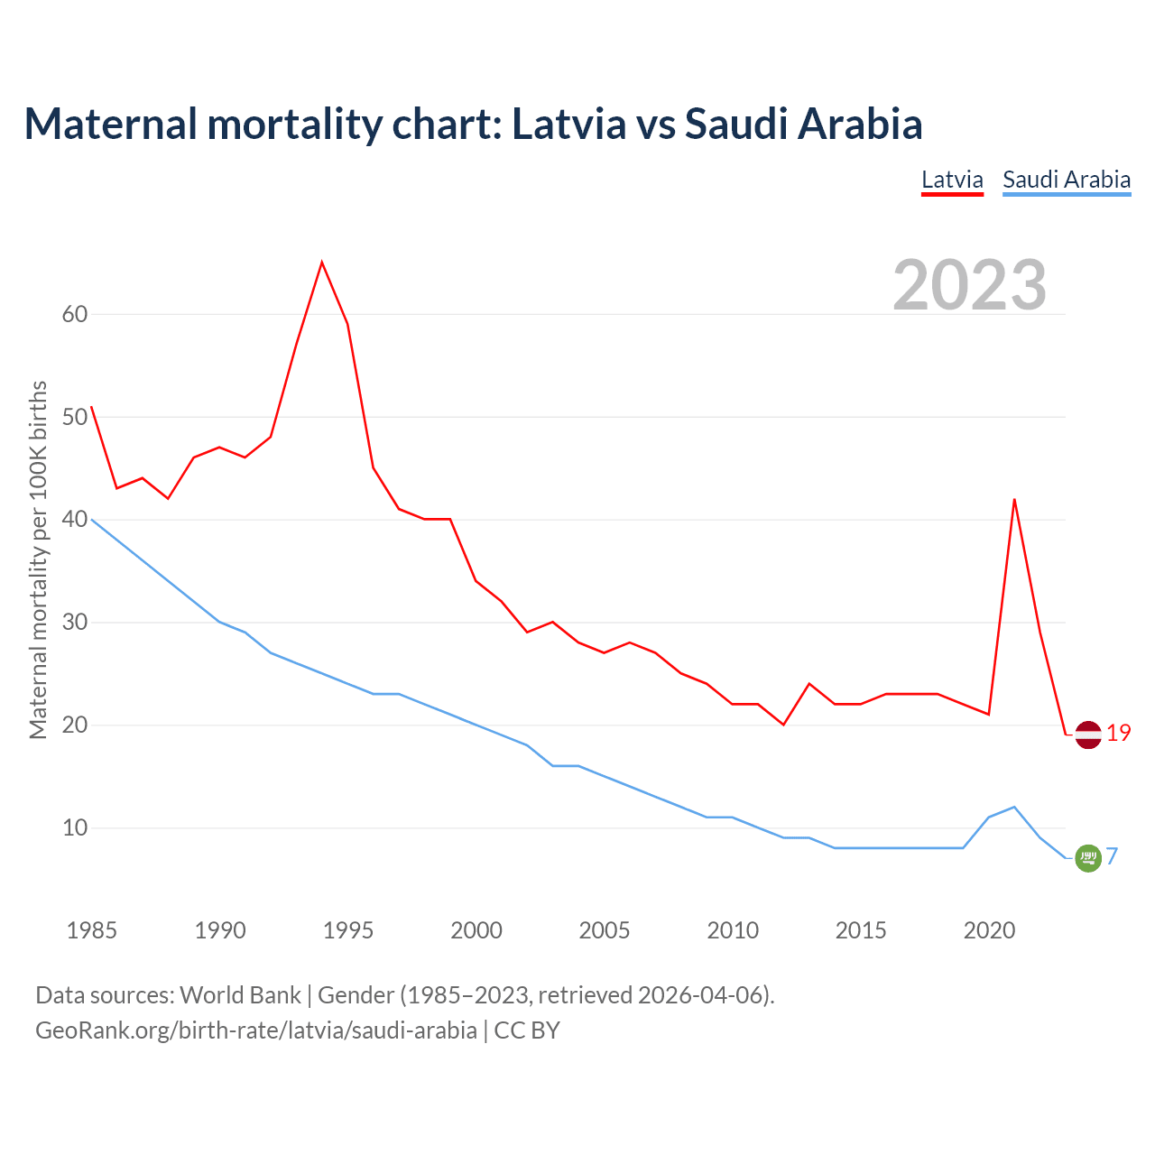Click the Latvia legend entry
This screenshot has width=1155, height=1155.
click(x=952, y=180)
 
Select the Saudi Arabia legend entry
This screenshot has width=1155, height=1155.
click(x=1067, y=180)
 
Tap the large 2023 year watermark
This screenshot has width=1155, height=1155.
click(x=970, y=285)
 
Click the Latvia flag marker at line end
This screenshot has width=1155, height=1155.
click(x=1088, y=735)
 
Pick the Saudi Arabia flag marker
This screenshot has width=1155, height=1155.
click(x=1088, y=858)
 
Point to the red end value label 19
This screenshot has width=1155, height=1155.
click(x=1119, y=734)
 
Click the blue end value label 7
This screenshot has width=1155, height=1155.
click(x=1113, y=856)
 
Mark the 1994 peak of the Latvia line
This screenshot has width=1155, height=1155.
click(x=322, y=263)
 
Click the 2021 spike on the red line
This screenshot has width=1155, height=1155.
click(x=1014, y=499)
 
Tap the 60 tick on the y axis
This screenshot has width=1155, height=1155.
click(x=75, y=314)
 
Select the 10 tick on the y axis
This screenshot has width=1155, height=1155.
click(x=75, y=827)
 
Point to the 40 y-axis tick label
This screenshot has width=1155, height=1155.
click(x=75, y=520)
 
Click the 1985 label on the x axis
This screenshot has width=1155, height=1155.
click(x=91, y=930)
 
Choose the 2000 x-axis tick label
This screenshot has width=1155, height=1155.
click(x=476, y=930)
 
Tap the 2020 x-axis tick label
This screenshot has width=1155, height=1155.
click(x=989, y=930)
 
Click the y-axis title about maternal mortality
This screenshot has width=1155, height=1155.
click(x=38, y=559)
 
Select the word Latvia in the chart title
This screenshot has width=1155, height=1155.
click(x=568, y=124)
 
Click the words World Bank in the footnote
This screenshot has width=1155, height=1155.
click(x=240, y=995)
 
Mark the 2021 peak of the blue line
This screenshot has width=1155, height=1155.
click(x=1014, y=807)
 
